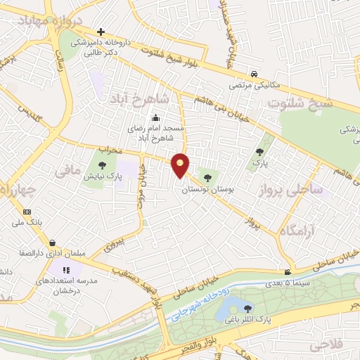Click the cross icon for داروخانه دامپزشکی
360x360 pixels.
(x=102, y=32)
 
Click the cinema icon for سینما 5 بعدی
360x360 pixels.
(x=288, y=273)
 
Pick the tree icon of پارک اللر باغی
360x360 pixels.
(x=247, y=307)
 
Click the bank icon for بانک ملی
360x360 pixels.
(x=27, y=212)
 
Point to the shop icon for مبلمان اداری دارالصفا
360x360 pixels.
(x=53, y=243)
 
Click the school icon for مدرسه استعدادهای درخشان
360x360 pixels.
(x=66, y=270)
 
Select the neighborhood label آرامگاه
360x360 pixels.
(x=295, y=231)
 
